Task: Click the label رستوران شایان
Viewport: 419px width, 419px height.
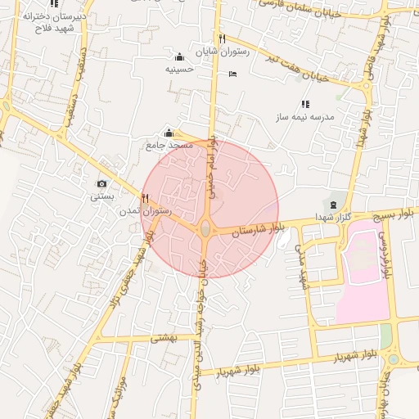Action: coord(214,52)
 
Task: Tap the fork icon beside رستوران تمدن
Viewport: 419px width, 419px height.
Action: coord(145,198)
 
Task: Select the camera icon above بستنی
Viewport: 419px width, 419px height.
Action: coord(101,184)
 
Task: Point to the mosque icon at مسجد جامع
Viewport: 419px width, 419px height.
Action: coord(169,133)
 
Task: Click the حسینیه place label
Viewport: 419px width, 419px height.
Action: coord(179,69)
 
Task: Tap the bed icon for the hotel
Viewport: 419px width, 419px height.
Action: coord(232,74)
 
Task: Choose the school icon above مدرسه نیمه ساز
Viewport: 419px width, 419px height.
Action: coord(305,104)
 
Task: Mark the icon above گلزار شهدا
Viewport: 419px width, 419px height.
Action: coord(333,203)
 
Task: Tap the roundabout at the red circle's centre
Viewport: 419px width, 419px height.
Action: coord(205,229)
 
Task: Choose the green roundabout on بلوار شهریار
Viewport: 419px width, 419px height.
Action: coord(393,359)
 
